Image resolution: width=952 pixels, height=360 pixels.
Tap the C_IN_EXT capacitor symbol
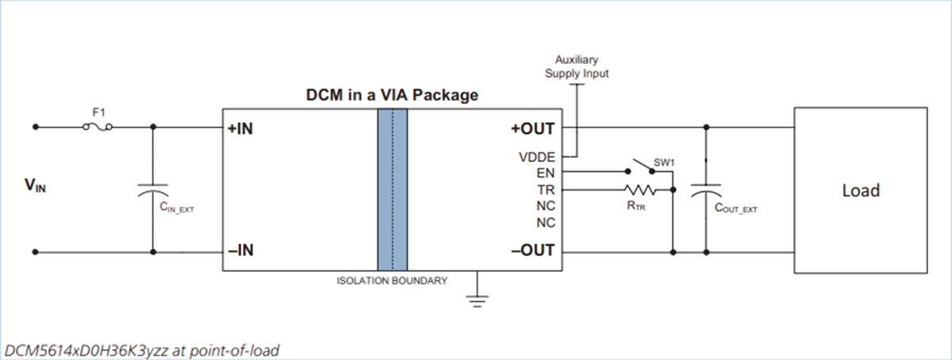pyautogui.click(x=152, y=191)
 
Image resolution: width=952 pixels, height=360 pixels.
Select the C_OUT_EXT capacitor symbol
pyautogui.click(x=705, y=191)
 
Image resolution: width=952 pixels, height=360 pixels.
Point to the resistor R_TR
pyautogui.click(x=639, y=190)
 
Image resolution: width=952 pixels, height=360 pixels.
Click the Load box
pyautogui.click(x=860, y=191)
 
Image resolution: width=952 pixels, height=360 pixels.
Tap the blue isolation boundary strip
pyautogui.click(x=393, y=191)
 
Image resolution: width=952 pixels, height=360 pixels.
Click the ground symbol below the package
pyautogui.click(x=477, y=297)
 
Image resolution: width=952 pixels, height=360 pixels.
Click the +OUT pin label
pyautogui.click(x=534, y=128)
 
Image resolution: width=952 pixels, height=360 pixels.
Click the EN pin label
pyautogui.click(x=546, y=173)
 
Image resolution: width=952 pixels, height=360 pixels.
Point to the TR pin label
pyautogui.click(x=546, y=190)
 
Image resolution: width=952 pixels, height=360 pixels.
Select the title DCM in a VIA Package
pyautogui.click(x=392, y=95)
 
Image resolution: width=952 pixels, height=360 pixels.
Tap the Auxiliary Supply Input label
pyautogui.click(x=576, y=67)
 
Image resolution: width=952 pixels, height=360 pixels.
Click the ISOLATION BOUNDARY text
pyautogui.click(x=393, y=281)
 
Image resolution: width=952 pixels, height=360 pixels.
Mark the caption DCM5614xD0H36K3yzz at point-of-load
pyautogui.click(x=142, y=349)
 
